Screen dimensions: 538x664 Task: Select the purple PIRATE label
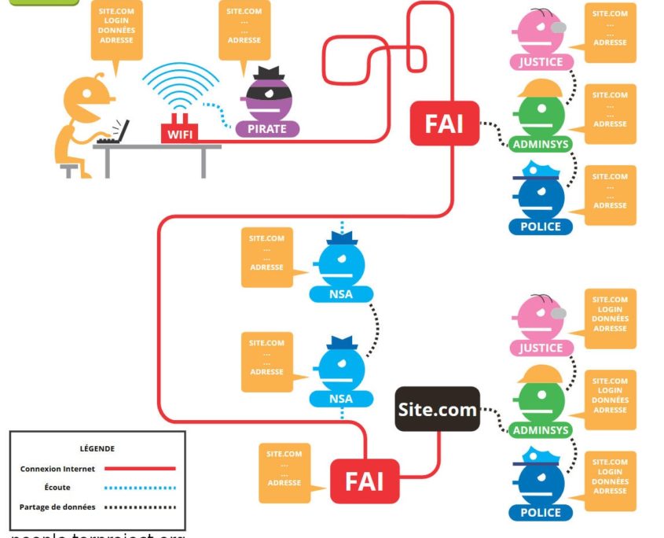[x=266, y=128]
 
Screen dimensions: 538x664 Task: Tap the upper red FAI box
[x=444, y=124]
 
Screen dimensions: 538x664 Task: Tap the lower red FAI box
[x=365, y=481]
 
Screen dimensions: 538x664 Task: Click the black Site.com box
[x=437, y=409]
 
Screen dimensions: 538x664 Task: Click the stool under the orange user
[x=69, y=168]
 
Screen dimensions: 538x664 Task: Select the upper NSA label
[x=341, y=295]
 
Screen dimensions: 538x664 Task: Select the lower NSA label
[x=341, y=398]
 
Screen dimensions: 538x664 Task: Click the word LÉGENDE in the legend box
[x=97, y=448]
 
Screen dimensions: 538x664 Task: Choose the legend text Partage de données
[x=57, y=507]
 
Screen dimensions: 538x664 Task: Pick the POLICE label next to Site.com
[x=541, y=512]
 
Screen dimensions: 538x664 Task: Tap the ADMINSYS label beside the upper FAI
[x=541, y=144]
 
